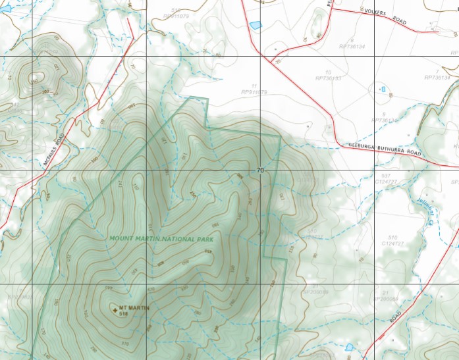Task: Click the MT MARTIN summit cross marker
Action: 115,309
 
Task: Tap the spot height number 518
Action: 123,315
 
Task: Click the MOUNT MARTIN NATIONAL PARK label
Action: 161,238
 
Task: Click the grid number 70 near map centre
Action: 260,170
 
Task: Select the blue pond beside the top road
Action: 255,25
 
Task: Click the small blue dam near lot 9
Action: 383,88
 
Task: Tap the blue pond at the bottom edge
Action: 348,346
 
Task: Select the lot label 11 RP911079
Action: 254,90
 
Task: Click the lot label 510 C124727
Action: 393,240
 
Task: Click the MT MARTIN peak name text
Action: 135,308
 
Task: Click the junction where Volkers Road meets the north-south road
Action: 331,9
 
